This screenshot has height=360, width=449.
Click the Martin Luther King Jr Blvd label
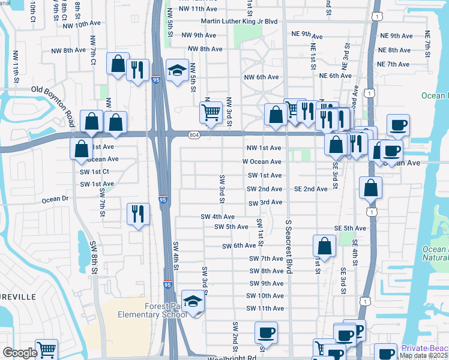coord(239,22)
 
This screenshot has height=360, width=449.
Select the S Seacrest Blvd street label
coord(289,247)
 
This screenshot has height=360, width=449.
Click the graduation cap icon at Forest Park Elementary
coord(193,301)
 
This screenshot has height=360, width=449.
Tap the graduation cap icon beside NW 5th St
coord(177,72)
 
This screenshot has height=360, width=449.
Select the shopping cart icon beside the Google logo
coord(46,350)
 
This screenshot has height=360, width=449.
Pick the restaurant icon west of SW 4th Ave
coord(138,214)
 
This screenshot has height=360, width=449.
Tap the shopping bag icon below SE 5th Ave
coord(324,246)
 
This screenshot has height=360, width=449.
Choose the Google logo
coord(20,353)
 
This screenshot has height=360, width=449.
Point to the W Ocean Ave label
coord(262,162)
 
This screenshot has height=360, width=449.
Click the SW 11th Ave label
coord(265,308)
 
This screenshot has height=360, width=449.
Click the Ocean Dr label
coord(56,199)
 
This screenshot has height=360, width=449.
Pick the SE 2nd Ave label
coord(311,189)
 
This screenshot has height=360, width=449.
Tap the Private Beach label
coord(425,348)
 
